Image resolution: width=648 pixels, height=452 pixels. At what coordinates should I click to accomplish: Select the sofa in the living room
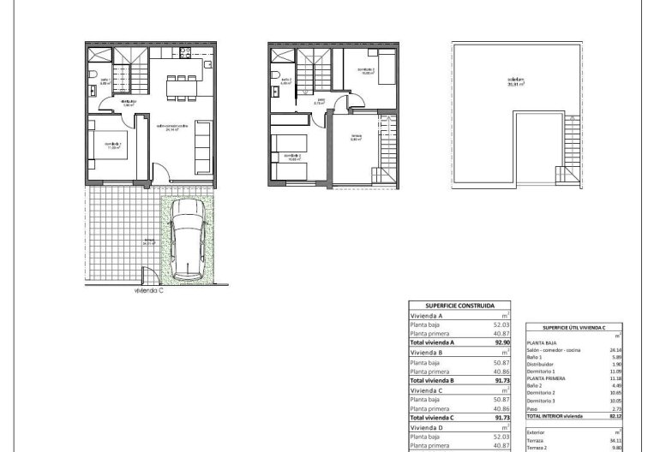(x=204, y=145)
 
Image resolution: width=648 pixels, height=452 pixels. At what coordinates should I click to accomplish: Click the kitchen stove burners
(x=206, y=65)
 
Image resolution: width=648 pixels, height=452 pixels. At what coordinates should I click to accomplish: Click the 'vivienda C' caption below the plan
(x=148, y=289)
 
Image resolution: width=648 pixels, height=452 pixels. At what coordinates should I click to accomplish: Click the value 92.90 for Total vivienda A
(x=501, y=342)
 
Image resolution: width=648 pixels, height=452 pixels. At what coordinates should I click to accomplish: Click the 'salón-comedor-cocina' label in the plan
(x=171, y=128)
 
